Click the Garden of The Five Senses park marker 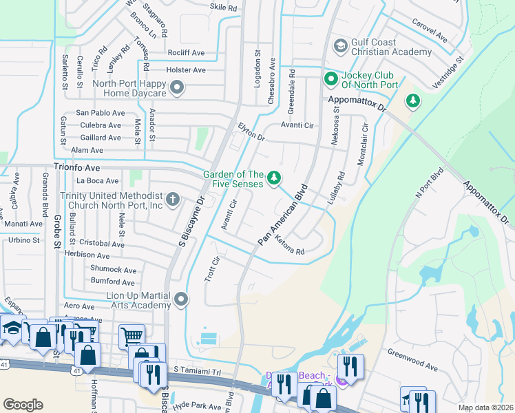point(275,179)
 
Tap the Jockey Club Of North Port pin point(330,80)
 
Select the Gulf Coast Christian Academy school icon point(339,47)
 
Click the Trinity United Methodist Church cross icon point(173,200)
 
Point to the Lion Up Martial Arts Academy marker point(181,299)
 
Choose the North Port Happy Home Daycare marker point(177,87)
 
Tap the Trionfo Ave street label point(77,167)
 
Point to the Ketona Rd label point(289,246)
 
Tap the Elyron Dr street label point(251,131)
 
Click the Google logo point(23,405)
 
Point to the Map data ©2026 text point(485,407)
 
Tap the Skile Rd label point(223,8)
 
